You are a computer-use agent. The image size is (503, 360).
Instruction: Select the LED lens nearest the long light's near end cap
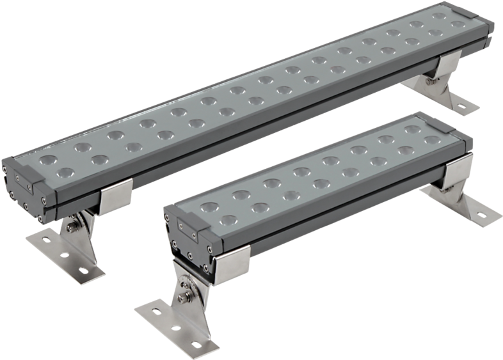47,158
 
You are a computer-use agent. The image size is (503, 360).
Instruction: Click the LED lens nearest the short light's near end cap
206,205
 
